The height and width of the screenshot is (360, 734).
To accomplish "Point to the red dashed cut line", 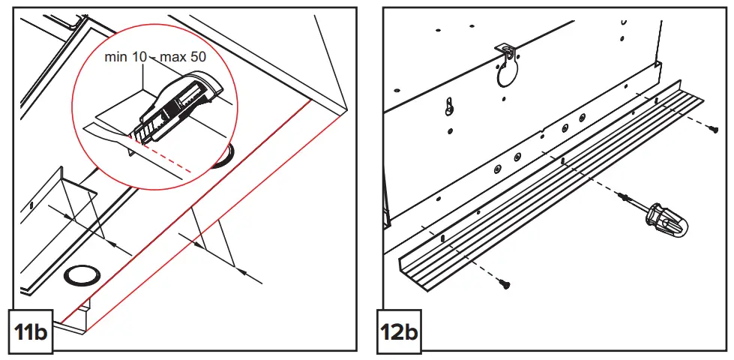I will coord(172,158).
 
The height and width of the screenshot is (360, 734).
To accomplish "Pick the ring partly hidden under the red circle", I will coord(221,160).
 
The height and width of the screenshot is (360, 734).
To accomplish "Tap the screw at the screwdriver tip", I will coord(622,196).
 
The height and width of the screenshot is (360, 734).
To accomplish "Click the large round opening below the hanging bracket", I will coord(508,74).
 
